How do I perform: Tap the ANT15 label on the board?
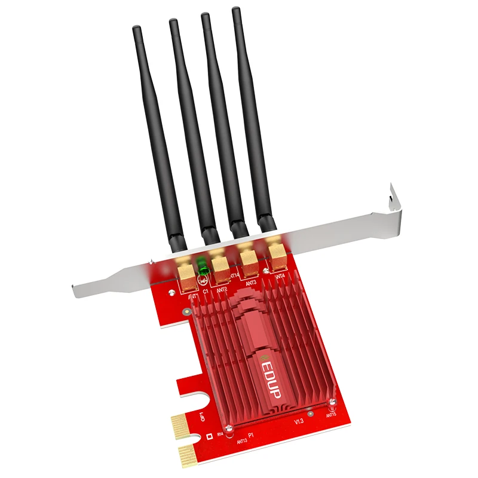332,414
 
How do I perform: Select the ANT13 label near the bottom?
242,442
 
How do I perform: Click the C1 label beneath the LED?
205,292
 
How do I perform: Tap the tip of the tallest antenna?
236,10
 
